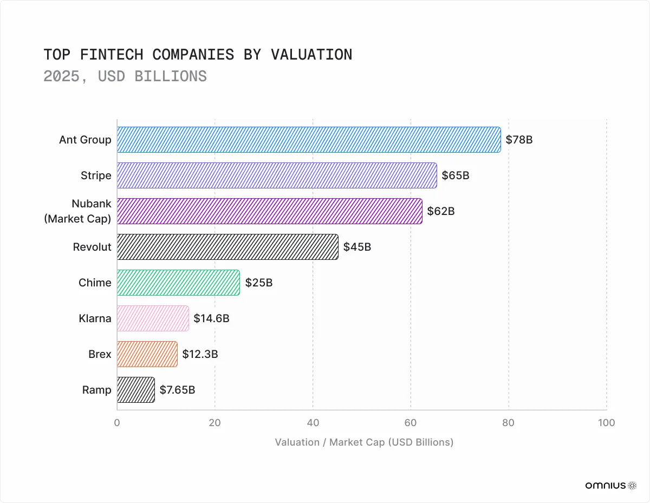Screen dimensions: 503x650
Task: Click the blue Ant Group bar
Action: pos(309,140)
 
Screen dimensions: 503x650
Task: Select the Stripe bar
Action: pos(277,175)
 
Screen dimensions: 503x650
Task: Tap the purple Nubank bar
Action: pos(269,211)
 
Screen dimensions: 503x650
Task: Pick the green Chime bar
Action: pos(178,283)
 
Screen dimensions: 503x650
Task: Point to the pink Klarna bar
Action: pos(153,318)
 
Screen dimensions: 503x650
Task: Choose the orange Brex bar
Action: pos(147,354)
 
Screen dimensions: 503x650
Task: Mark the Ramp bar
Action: pos(136,390)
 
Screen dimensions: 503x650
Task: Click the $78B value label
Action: pos(519,140)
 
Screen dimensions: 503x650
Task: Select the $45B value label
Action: pos(357,247)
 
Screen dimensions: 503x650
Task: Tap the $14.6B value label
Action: pos(211,318)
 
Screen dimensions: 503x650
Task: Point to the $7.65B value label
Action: pos(177,390)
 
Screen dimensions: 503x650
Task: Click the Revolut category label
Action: pos(92,247)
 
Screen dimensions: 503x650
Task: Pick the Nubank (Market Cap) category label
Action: pos(77,211)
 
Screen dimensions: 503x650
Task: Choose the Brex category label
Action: pos(100,354)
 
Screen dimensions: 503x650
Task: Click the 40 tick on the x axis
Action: pos(313,423)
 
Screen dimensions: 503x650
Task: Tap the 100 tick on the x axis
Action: pos(606,423)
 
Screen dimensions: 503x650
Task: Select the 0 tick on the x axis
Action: pos(117,423)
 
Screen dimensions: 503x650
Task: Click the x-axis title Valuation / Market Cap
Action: pos(363,442)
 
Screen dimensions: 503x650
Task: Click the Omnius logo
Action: pos(610,486)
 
